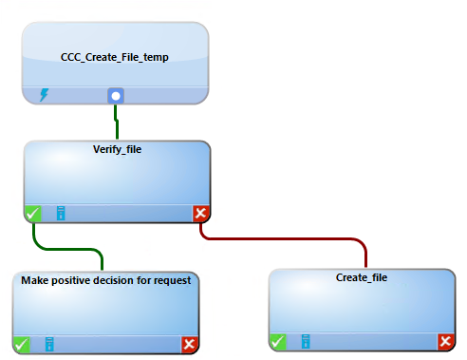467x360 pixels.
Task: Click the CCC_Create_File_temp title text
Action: (114, 58)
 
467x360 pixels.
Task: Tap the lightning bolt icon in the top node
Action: (45, 95)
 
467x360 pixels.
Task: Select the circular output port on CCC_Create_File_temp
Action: (116, 95)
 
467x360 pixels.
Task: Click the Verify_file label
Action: (115, 149)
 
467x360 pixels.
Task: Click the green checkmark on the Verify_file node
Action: (32, 214)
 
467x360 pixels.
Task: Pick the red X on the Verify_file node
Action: (200, 214)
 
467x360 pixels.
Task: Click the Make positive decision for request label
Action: (106, 280)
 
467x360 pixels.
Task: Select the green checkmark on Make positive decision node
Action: (22, 344)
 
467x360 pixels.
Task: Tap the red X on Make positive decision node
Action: (190, 344)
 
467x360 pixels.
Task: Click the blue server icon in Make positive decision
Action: (50, 344)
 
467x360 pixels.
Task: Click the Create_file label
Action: (362, 277)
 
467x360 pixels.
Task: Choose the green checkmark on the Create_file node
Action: (278, 341)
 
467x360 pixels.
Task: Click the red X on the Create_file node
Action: (446, 341)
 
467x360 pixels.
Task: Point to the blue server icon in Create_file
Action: (306, 341)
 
